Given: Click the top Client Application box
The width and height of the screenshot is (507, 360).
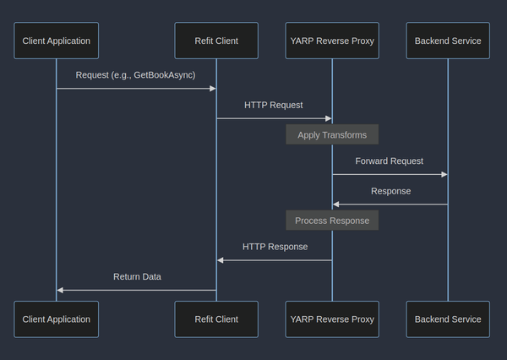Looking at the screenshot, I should point(56,41).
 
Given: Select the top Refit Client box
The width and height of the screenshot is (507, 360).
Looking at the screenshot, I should point(215,41).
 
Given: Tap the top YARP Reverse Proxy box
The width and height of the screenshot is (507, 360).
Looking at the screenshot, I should point(331,41).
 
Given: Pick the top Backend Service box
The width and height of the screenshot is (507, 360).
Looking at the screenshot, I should point(448,41).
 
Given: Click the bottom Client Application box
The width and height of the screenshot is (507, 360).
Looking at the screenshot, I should point(56,319).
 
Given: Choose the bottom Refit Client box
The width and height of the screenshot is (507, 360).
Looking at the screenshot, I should point(215,319).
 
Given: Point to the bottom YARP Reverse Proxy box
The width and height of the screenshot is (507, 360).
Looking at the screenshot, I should point(331,319).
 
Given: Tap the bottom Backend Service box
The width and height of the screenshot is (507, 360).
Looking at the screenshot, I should point(448,319).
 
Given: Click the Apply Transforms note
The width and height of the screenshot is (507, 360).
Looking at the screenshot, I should point(331,134).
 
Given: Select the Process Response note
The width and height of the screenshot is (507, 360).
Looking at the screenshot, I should point(331,221).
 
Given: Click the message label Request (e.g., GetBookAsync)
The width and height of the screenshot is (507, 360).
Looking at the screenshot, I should point(135,75).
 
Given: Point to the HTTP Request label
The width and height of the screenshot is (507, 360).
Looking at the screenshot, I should point(273,105).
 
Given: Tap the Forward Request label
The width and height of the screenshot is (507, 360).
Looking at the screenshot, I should point(389,161).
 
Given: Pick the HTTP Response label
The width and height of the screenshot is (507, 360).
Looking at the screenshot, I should point(275,247).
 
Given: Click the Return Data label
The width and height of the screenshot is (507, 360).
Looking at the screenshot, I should point(137,276).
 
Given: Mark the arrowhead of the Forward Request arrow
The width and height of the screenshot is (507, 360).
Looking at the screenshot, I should point(444,174).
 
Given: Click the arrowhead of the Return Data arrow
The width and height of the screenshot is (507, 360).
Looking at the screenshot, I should point(61,290).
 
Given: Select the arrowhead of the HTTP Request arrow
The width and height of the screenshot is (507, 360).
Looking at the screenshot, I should point(328,118).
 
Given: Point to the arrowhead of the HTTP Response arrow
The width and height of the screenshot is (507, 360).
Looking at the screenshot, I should point(221,260).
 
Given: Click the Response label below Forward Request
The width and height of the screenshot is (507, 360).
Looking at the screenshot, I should point(390,191).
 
